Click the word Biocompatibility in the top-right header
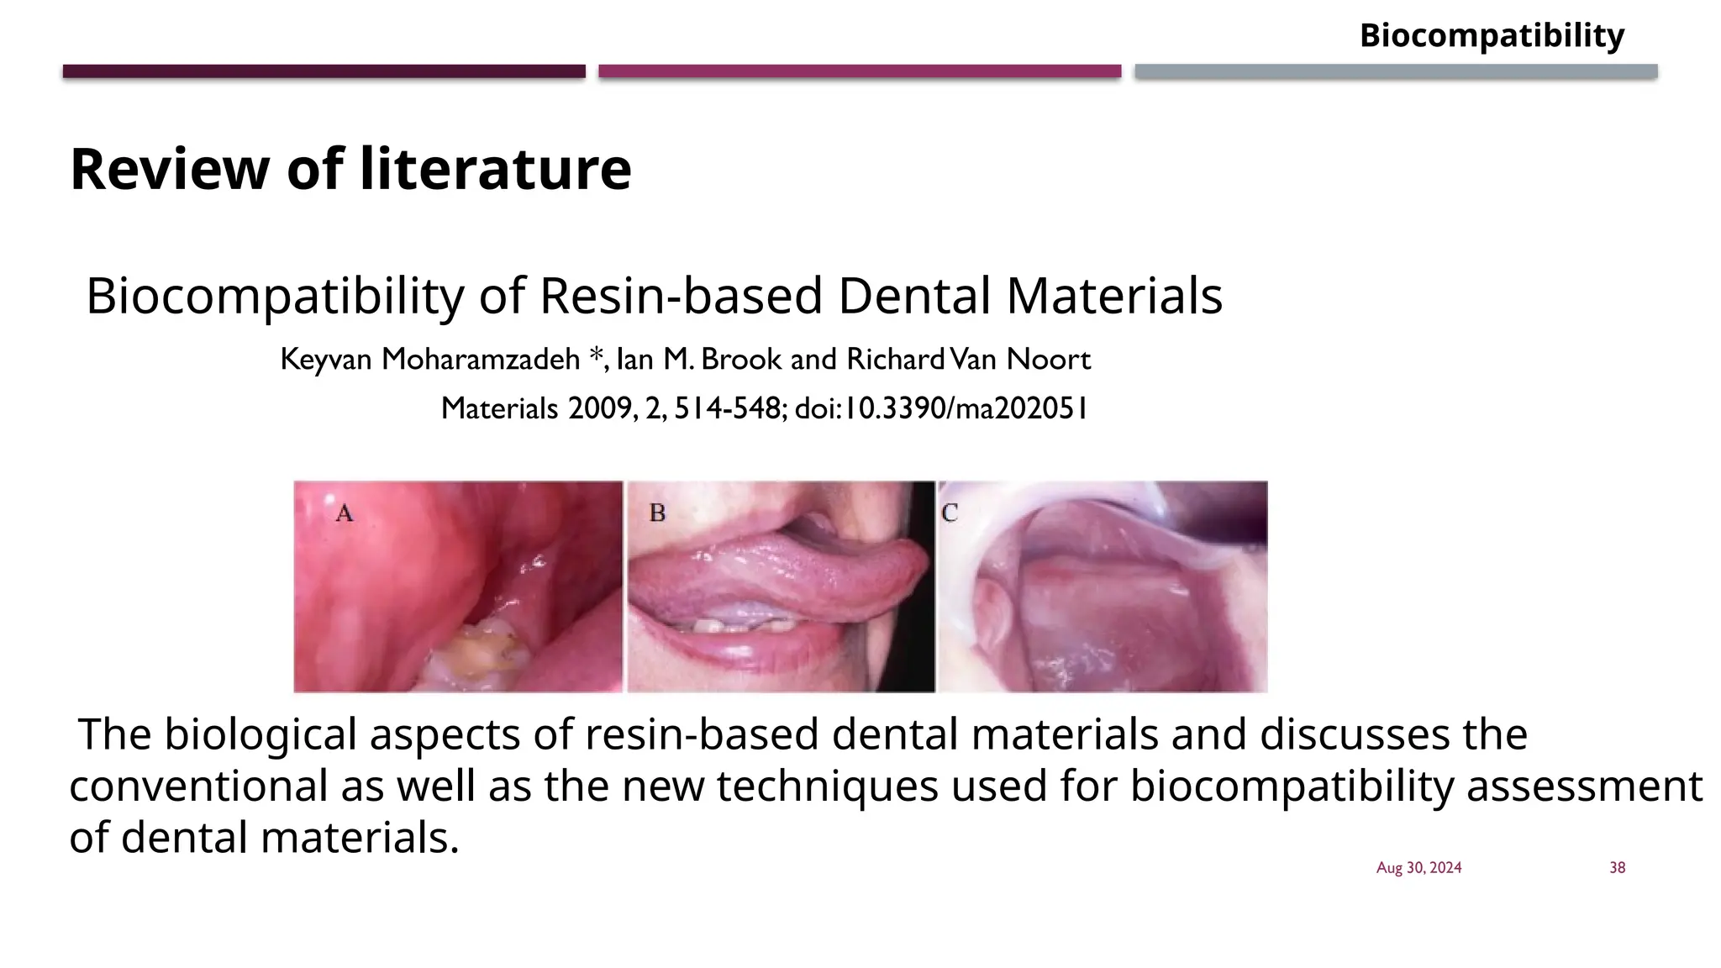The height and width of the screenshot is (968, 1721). coord(1492,36)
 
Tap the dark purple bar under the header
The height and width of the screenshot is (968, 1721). coord(324,71)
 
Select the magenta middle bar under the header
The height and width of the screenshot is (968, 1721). coord(860,71)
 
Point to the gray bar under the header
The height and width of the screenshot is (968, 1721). coord(1396,71)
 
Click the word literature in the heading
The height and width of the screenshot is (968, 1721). coord(495,169)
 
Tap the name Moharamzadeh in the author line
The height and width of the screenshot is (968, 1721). coord(481,360)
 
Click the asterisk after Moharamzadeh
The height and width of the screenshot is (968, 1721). coord(595,355)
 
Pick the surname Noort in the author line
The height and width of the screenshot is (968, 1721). coord(1049,360)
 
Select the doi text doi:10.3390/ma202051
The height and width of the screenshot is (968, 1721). coord(941,408)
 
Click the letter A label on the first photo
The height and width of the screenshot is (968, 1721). coord(345,513)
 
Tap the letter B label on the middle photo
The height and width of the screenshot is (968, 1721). coord(657,513)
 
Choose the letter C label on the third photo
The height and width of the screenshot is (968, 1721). coord(950,513)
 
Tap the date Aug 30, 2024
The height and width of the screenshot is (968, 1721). coord(1418,868)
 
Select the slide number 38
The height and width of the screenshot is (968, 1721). coord(1617,868)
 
